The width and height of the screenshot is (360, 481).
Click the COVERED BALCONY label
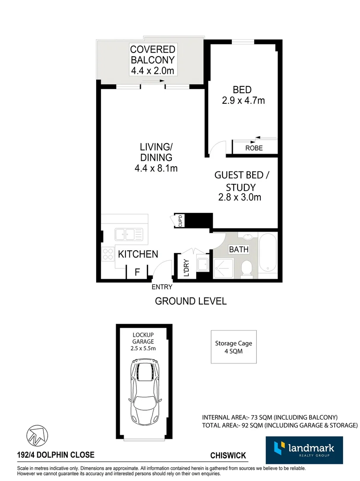153,54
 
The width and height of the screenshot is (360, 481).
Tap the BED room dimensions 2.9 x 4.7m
243,101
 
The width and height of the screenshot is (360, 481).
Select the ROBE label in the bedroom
254,148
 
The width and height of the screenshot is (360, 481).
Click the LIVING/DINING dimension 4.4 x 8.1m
156,168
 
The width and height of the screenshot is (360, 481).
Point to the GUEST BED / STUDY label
243,181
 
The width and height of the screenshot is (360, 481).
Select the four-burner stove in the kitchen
108,254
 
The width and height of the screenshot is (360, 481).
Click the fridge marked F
137,272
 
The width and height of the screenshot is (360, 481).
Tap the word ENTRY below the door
162,287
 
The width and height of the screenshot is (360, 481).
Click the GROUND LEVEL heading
190,301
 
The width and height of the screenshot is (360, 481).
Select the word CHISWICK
228,455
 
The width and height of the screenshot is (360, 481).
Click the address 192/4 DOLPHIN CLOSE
56,455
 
